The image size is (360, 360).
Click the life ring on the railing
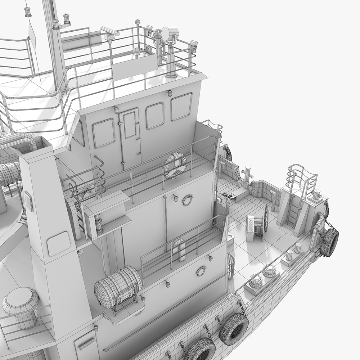pos(175,165)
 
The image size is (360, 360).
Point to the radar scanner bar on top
pos(109,31)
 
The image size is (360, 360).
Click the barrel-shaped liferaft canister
pos(118,286)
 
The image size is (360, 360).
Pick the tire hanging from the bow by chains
pos(329,243)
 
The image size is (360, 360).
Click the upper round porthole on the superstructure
pos(187,200)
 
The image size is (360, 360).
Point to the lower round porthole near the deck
pos(201,271)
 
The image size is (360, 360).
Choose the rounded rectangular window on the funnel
pos(59,243)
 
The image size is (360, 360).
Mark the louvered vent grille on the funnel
pos(28,201)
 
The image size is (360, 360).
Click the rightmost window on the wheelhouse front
pos(181,107)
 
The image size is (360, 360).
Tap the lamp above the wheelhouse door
pos(116,109)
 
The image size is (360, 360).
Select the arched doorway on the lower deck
pos(178,248)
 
